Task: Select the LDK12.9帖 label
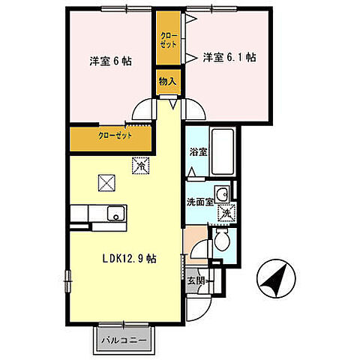coord(129,259)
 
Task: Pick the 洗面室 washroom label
coord(200,200)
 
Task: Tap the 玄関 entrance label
coord(193,281)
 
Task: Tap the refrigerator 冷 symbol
coord(139,165)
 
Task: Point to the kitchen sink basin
coord(115,214)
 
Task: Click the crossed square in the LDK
coord(106,181)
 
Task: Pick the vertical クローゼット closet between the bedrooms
coord(169,40)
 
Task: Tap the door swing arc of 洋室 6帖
coord(141,112)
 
